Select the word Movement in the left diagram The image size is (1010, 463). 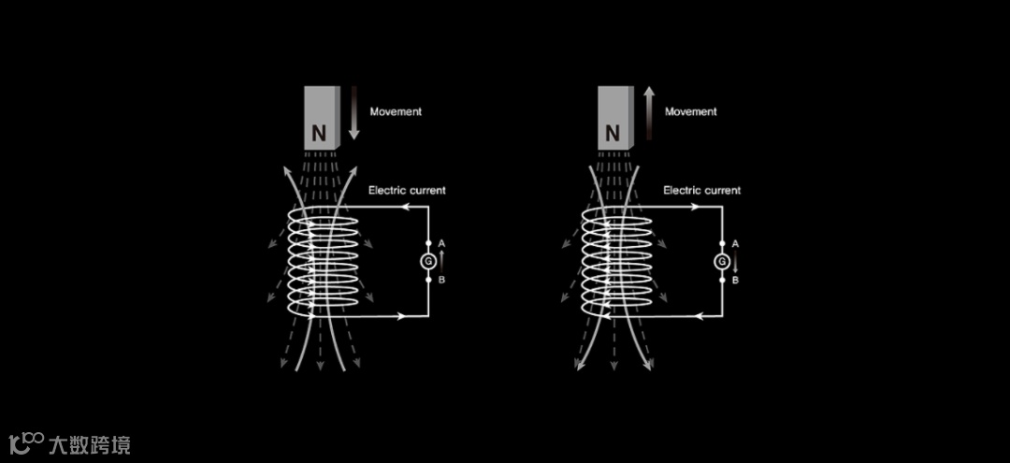(396, 111)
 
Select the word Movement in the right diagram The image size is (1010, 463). (691, 111)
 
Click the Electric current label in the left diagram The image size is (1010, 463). (407, 190)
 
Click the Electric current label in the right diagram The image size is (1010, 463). (702, 190)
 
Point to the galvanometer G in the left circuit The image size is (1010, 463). (428, 262)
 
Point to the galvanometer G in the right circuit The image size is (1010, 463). (723, 262)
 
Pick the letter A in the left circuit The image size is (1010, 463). (441, 244)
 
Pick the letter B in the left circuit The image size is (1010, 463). (441, 280)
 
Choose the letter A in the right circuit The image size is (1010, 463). (736, 244)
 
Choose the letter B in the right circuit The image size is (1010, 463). (736, 280)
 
